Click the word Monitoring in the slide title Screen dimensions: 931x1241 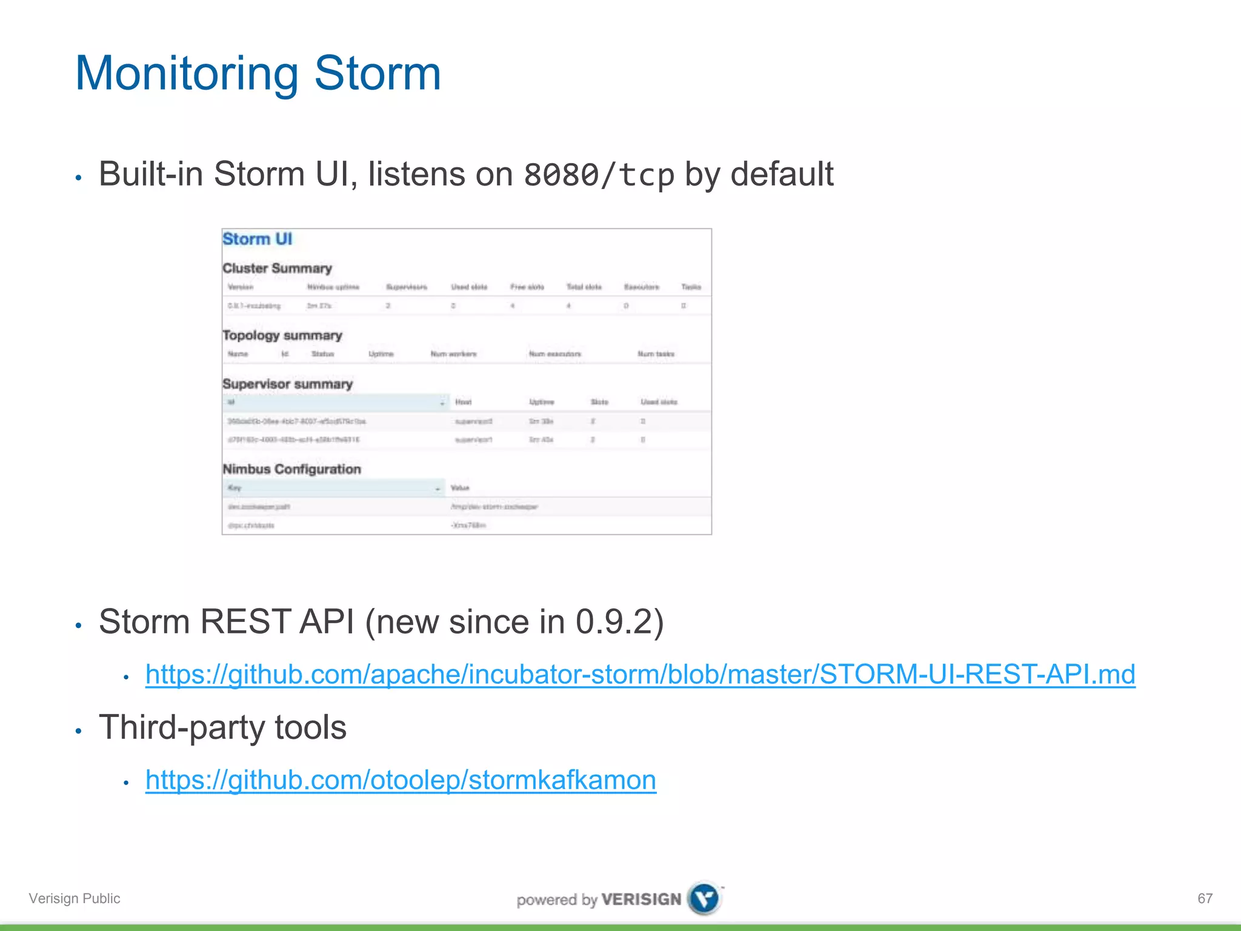coord(187,74)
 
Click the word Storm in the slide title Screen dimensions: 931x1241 coord(377,74)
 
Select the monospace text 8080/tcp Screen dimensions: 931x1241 coord(599,175)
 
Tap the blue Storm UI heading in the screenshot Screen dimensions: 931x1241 coord(257,239)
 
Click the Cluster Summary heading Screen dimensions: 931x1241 coord(277,268)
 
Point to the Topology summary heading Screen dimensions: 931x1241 coord(282,335)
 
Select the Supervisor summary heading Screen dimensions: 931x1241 coord(287,384)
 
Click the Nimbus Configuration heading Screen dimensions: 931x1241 coord(291,469)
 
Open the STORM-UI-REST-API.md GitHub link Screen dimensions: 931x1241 coord(640,674)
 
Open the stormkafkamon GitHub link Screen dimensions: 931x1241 coord(401,779)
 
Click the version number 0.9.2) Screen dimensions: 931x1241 coord(619,622)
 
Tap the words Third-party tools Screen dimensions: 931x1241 coord(222,727)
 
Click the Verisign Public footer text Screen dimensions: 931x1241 coord(75,898)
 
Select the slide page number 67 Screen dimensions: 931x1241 coord(1205,898)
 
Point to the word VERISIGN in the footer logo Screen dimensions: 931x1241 coord(641,899)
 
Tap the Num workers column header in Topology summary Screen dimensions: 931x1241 coord(453,354)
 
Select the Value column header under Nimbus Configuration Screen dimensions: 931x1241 coord(460,488)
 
